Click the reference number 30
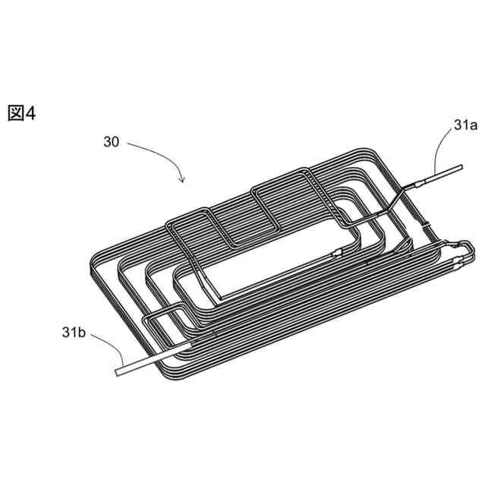click(x=112, y=142)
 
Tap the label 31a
click(x=465, y=125)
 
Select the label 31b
click(x=74, y=333)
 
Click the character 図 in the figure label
click(x=16, y=113)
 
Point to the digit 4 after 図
click(x=30, y=113)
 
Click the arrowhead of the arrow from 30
click(x=183, y=179)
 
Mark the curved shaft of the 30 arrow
click(x=161, y=154)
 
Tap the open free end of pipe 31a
click(x=461, y=167)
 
